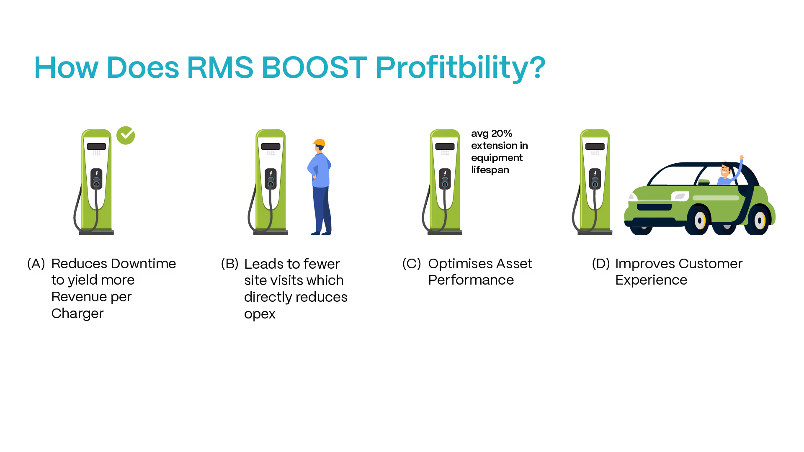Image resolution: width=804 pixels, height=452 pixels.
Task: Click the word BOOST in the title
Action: click(x=314, y=67)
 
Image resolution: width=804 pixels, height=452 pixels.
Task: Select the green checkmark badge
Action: click(x=126, y=136)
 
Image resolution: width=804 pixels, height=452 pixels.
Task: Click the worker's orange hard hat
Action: click(x=320, y=143)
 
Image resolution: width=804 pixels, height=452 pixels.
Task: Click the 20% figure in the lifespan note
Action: click(x=502, y=134)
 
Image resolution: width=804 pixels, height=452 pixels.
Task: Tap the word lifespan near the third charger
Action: click(x=490, y=170)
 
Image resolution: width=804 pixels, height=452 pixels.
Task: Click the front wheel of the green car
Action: click(x=700, y=221)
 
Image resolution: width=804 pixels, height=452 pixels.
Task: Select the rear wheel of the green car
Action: click(x=760, y=220)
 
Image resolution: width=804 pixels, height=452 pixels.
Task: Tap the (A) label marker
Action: click(x=36, y=264)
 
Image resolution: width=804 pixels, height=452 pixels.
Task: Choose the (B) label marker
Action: click(x=229, y=264)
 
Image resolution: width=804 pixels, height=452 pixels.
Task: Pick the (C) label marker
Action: click(x=411, y=264)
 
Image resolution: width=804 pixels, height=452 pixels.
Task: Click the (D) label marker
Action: click(x=600, y=264)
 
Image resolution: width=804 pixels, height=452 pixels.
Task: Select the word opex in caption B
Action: click(x=260, y=314)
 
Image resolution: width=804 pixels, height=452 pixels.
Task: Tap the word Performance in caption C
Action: click(x=471, y=280)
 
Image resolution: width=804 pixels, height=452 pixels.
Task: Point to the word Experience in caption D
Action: click(x=651, y=280)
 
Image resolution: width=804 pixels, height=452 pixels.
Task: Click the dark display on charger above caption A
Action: click(x=96, y=146)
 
